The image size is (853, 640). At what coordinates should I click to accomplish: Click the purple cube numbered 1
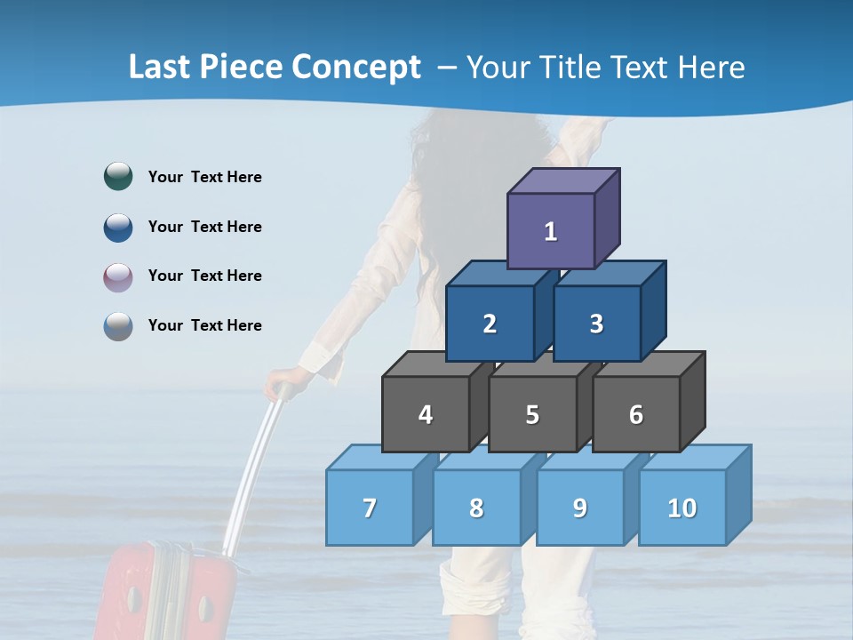pos(551,231)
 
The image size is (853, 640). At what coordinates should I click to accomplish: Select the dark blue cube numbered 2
pos(490,324)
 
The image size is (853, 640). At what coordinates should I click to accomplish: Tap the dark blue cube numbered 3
pos(596,324)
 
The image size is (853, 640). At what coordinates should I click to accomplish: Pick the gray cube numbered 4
pos(426,414)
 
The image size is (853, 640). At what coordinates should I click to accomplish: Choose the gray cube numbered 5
pos(532,414)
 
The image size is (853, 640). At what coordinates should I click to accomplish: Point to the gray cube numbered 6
pos(636,414)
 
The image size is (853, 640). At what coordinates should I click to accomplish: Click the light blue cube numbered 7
pos(370,508)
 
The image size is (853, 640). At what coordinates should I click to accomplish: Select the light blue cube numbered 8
pos(476,508)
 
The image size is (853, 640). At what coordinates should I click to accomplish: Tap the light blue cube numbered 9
pos(580,508)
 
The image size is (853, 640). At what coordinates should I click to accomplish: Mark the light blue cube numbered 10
pos(682,508)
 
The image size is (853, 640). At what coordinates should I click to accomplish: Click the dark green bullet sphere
pos(118,176)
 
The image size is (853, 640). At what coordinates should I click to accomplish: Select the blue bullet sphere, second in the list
pos(118,227)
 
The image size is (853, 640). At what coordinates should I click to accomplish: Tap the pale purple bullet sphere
pos(118,276)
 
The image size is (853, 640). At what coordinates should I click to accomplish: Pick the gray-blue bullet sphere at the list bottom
pos(118,325)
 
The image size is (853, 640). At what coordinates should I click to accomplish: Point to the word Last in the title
pos(158,68)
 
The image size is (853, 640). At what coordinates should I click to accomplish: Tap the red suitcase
pos(164,596)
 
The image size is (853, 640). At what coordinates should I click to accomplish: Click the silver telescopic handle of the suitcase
pos(252,471)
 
